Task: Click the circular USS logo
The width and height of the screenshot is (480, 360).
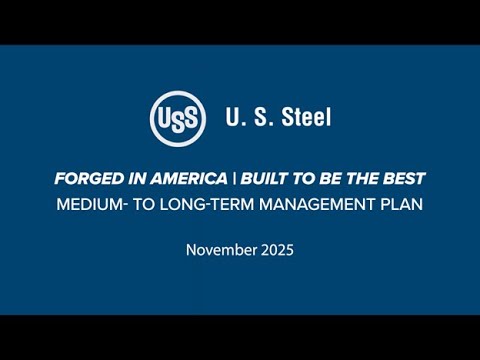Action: pos(178,117)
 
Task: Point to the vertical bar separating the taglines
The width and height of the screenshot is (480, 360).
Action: pos(235,179)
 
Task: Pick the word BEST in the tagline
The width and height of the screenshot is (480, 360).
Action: pos(405,179)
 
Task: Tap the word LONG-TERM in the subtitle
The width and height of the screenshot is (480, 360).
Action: pos(217,205)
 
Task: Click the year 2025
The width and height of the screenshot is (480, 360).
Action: pos(275,250)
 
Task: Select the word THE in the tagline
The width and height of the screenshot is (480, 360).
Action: pos(365,179)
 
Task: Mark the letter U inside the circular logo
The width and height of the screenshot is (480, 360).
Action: pos(165,117)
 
